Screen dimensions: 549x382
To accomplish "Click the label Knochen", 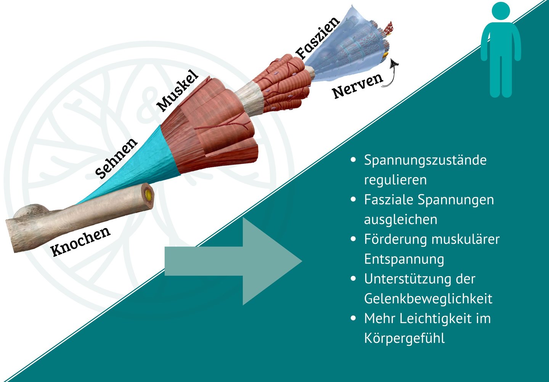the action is coord(80,241).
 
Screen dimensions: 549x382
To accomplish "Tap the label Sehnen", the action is coord(116,158).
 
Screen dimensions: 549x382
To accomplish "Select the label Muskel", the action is coord(178,91).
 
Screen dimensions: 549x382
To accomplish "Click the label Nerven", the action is coord(357,86).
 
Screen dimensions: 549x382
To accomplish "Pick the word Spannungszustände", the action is coord(425,160).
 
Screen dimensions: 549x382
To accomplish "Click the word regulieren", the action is coord(395,180).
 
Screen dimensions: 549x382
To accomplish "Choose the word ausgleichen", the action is coord(400,220).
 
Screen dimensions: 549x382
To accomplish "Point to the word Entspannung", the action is coord(404,259).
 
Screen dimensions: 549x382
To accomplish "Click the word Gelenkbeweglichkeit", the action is coord(428,299).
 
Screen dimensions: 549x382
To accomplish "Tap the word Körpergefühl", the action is coord(404,339).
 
